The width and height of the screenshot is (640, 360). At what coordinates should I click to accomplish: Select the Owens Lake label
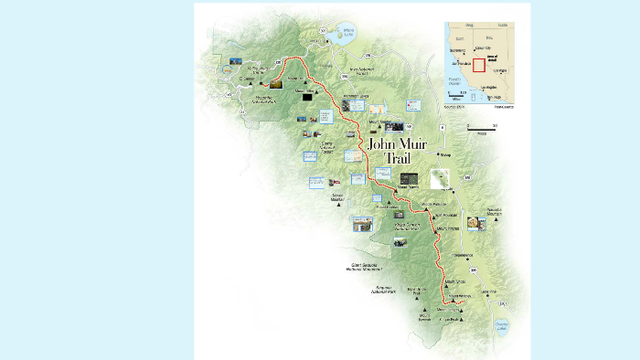click(x=500, y=324)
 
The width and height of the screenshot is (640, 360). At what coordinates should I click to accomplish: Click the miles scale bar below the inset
click(x=481, y=129)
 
